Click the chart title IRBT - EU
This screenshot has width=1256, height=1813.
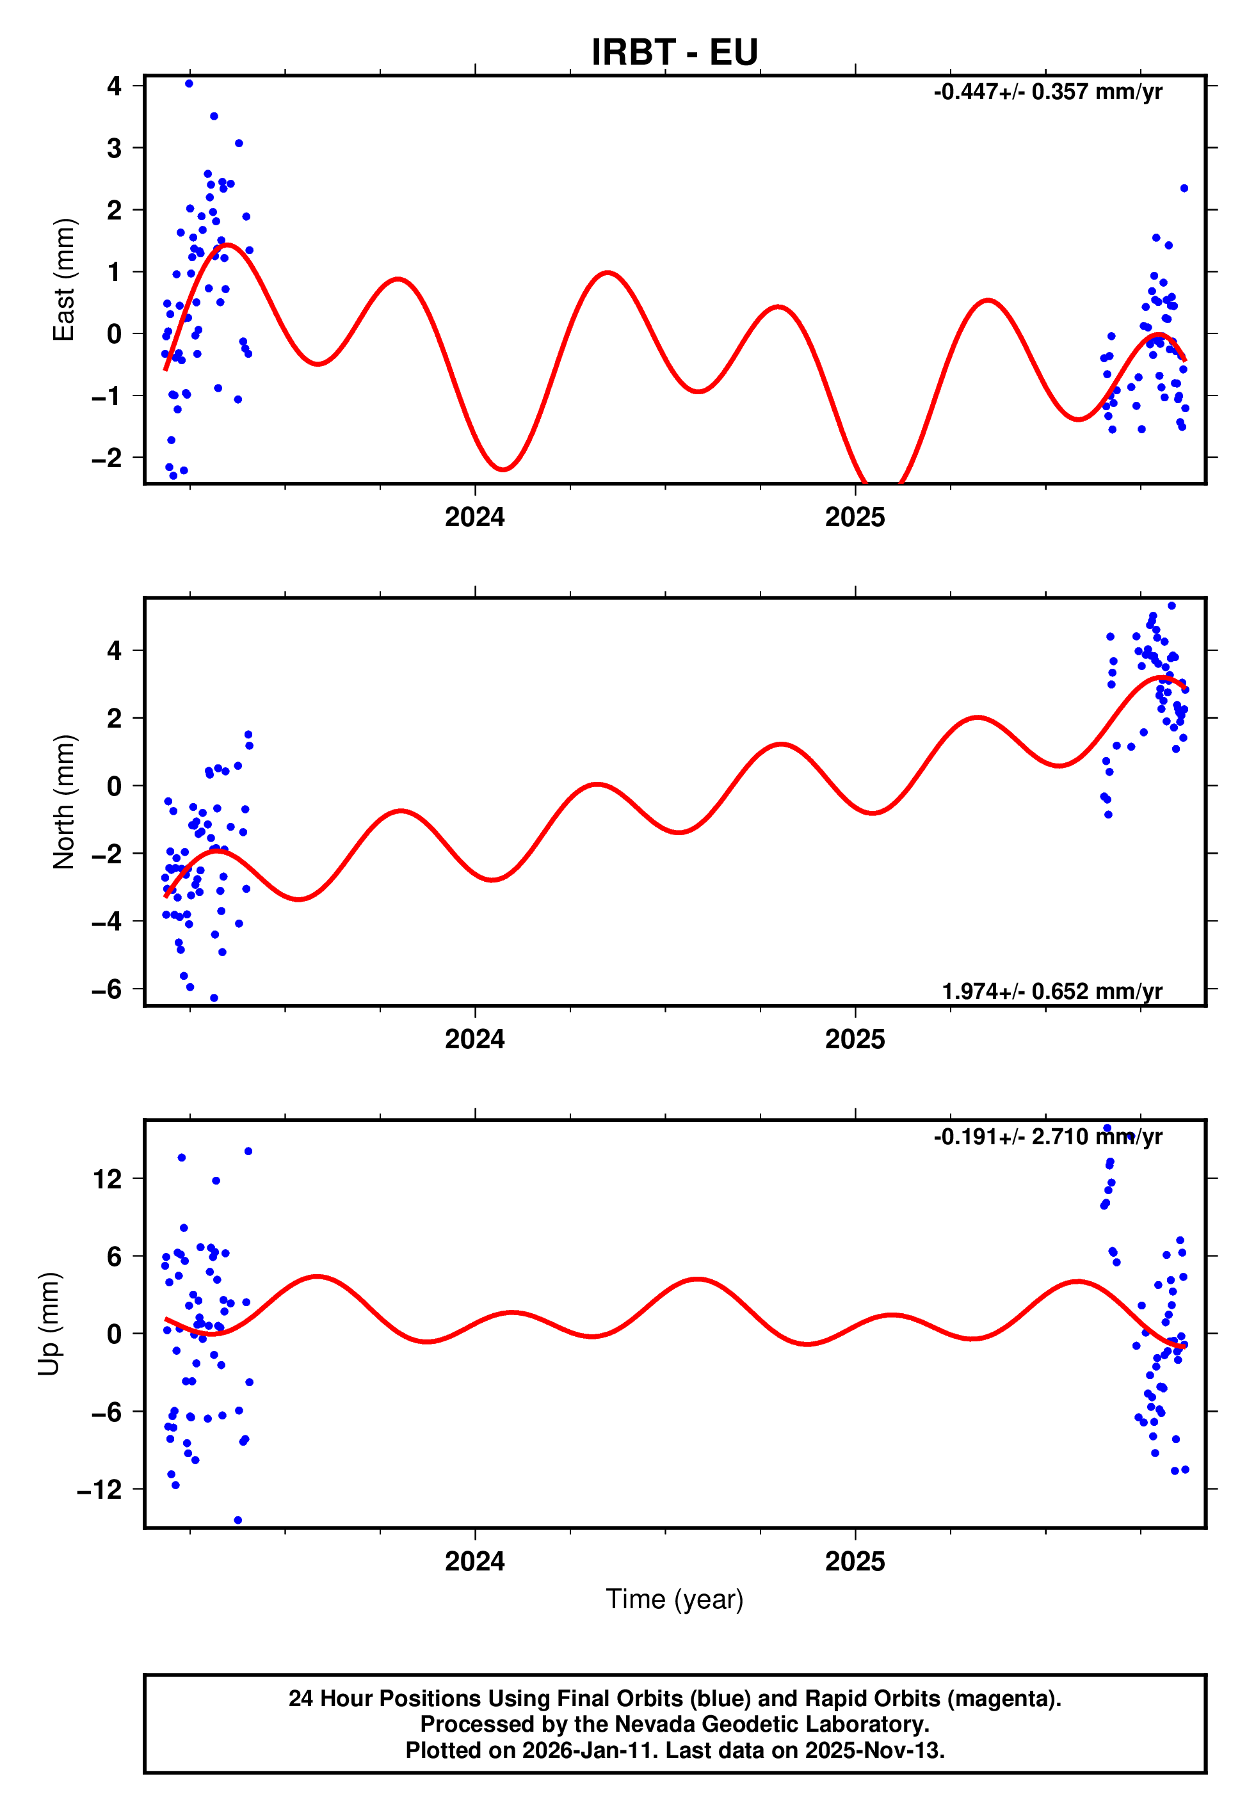coord(675,52)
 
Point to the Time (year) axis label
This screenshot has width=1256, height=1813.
coord(675,1599)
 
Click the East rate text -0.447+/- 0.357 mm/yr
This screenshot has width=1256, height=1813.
coord(1047,92)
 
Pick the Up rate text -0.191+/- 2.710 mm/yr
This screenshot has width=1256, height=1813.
coord(1047,1137)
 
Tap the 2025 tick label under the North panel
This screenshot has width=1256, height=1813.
coord(855,1040)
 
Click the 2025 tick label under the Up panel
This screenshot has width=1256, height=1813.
coord(855,1561)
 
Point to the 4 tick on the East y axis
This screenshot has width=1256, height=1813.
coord(115,86)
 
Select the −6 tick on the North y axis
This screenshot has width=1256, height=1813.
coord(107,989)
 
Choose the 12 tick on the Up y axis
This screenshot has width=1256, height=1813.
coord(108,1179)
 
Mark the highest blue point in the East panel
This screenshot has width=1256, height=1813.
coord(189,83)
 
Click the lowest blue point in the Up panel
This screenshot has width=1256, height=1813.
coord(238,1521)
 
